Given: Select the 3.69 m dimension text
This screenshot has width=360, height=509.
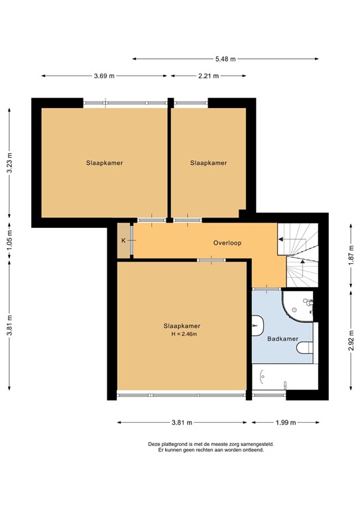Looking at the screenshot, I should [103, 76].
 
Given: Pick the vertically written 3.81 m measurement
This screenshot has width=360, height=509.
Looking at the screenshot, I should [9, 325].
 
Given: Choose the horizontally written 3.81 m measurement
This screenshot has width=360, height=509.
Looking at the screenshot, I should [182, 422].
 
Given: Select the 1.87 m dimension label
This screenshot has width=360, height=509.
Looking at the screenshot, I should [351, 256].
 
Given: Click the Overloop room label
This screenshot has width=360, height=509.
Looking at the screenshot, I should [227, 243].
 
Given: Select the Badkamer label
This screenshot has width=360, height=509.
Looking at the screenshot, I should [281, 338].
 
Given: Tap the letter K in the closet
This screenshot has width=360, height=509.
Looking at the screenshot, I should [123, 241].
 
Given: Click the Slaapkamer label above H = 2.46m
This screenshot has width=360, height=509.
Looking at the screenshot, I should [182, 325].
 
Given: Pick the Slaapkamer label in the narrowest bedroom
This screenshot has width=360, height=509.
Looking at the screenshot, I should [209, 163].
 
